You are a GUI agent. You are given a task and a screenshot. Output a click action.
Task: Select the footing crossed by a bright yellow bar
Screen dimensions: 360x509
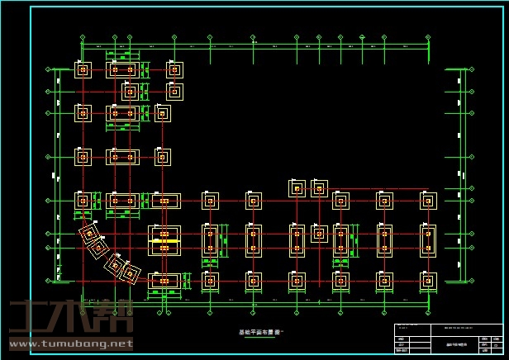[164, 240]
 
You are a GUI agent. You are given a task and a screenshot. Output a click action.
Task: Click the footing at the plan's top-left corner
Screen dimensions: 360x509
[83, 69]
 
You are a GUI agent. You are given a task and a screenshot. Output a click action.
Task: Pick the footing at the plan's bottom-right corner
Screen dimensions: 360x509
[427, 281]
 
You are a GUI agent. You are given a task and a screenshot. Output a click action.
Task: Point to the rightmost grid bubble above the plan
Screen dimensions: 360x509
[428, 37]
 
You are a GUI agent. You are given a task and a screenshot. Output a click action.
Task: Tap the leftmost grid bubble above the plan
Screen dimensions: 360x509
[83, 37]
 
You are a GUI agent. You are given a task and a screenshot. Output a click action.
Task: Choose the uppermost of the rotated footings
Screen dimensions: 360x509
[88, 234]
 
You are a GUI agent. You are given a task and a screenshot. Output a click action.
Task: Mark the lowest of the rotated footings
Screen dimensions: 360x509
[131, 272]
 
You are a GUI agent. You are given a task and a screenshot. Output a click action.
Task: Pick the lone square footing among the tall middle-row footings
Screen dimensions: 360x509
[319, 234]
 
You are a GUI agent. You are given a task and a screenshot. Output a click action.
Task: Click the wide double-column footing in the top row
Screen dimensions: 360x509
[122, 69]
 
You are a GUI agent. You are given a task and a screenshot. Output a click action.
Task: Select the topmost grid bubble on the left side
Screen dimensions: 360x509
[55, 70]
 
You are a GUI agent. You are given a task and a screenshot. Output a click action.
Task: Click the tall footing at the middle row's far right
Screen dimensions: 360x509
[427, 239]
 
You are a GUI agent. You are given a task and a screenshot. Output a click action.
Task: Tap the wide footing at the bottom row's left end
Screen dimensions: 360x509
[164, 282]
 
